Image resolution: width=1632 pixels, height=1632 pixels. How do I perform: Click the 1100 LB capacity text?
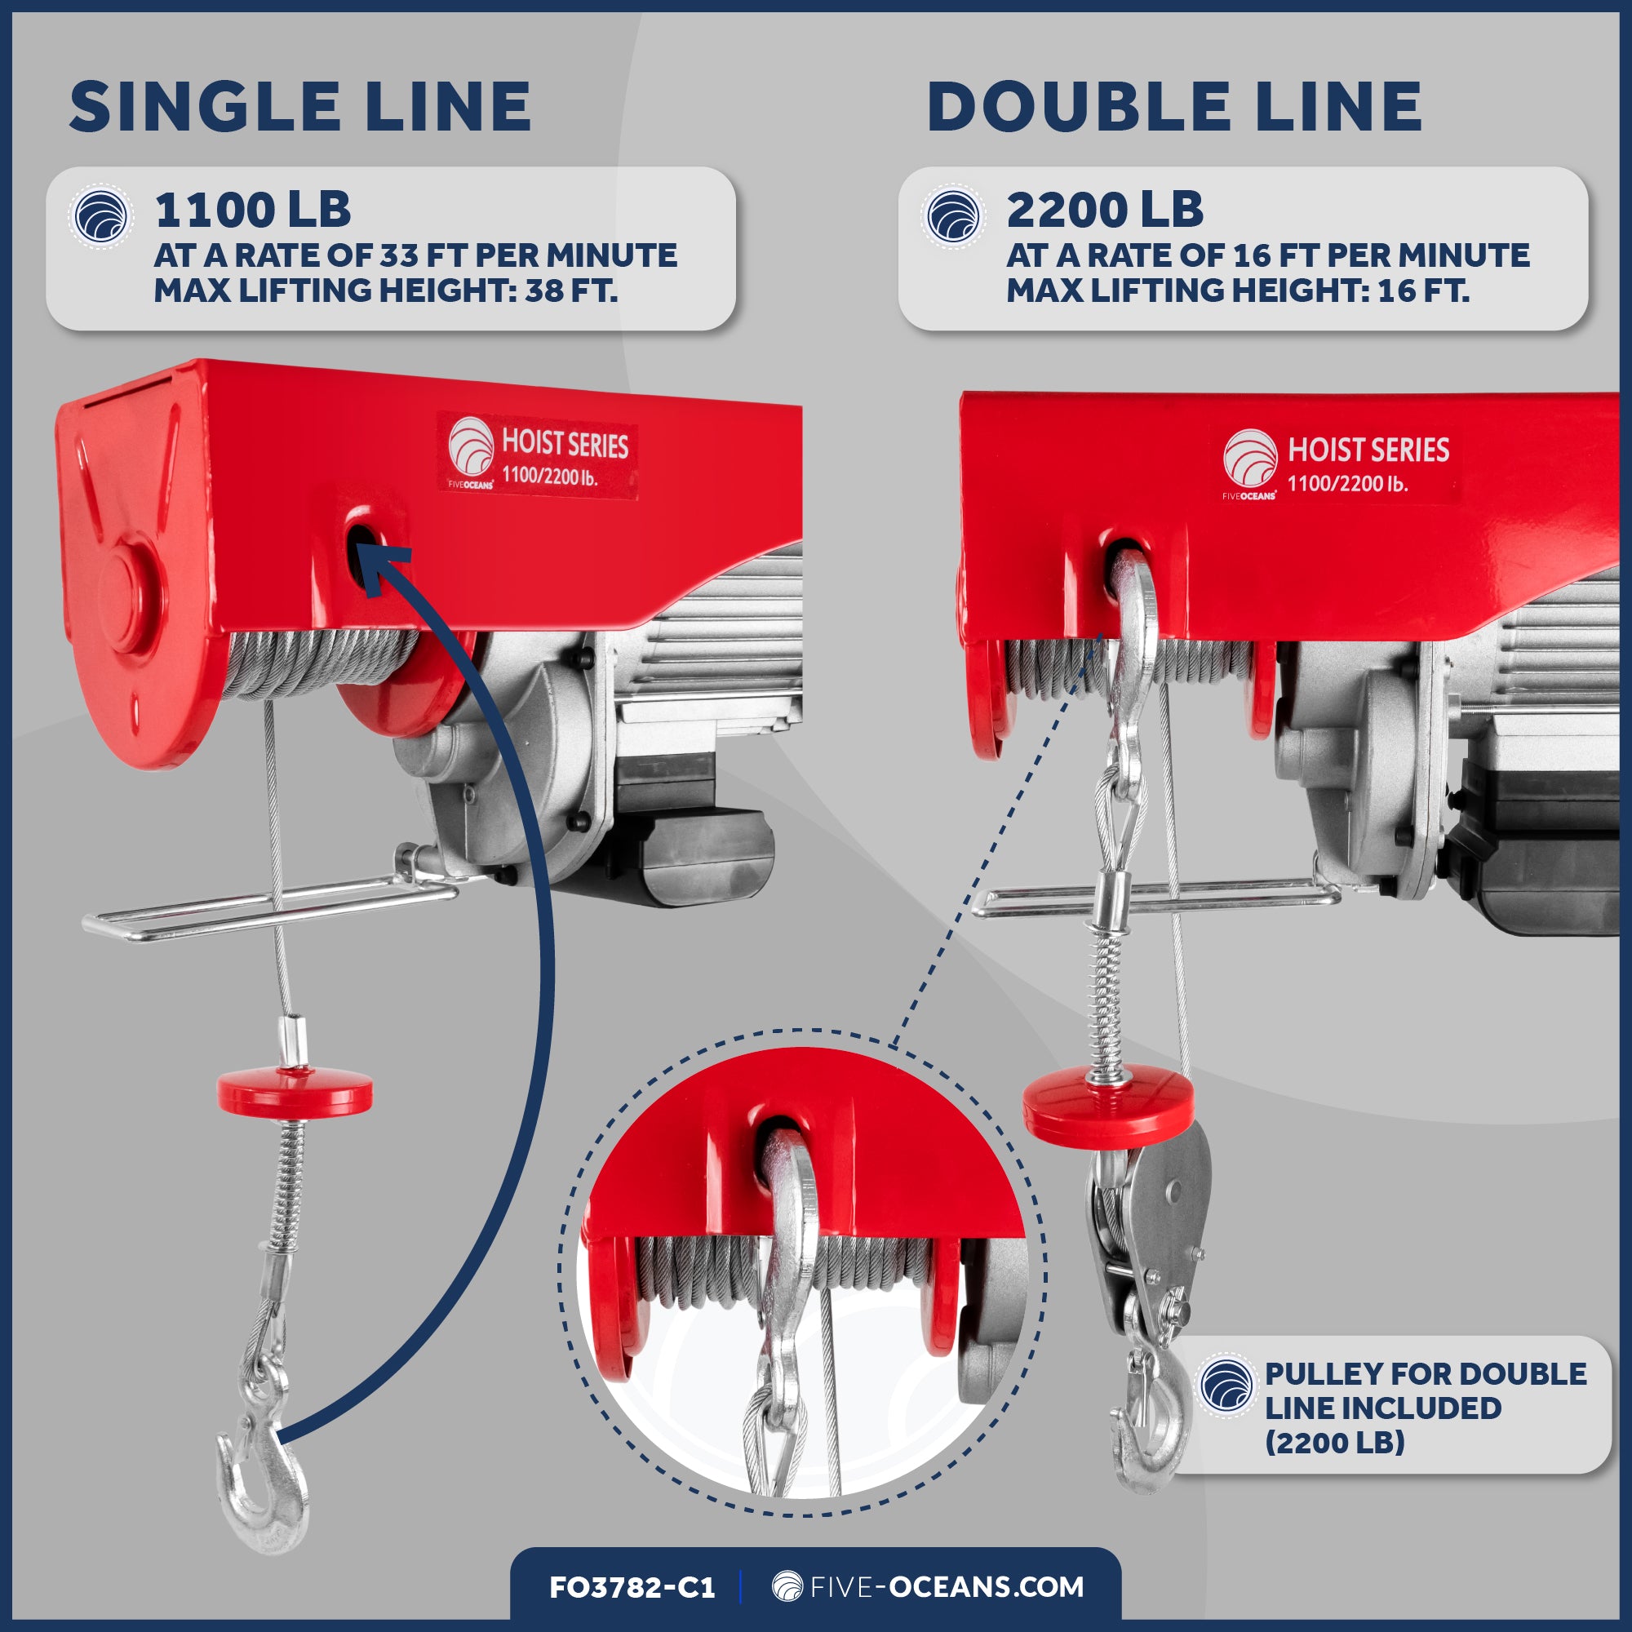click(253, 210)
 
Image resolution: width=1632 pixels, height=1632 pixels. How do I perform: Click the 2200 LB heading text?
click(1104, 210)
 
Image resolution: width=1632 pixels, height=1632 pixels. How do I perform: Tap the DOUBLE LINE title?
click(1174, 107)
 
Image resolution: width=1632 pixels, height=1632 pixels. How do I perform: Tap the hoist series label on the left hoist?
click(537, 456)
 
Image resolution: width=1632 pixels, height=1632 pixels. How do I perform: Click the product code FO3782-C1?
click(632, 1587)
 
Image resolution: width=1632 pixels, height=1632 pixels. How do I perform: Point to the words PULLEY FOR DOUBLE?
click(1425, 1374)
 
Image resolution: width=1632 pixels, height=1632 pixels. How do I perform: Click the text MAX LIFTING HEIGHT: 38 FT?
click(385, 290)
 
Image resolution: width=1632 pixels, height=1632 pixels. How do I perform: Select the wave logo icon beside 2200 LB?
click(953, 216)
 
